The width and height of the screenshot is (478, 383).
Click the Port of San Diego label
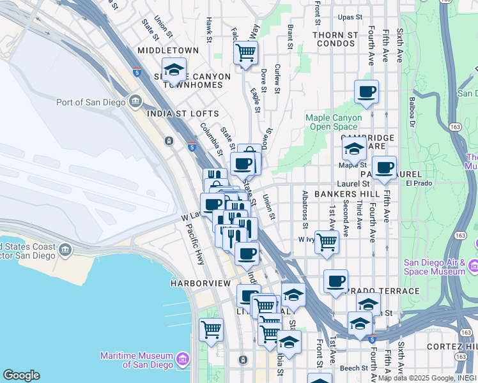(91, 102)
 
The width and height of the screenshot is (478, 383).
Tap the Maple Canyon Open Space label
(334, 122)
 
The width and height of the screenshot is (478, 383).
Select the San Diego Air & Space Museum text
(435, 267)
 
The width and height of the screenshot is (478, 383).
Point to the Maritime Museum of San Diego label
(137, 360)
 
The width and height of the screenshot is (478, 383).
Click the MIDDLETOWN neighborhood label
(164, 50)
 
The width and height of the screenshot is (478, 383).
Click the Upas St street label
(350, 17)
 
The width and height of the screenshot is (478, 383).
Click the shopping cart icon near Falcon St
(245, 53)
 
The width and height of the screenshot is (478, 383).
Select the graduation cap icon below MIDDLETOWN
(174, 70)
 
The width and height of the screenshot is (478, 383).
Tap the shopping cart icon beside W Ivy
(327, 243)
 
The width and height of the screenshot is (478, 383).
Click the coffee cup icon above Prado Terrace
(335, 282)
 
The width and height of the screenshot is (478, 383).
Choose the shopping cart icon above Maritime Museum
(211, 330)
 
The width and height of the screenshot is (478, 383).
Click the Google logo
(21, 375)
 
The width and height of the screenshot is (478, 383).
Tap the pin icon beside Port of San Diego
(135, 101)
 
